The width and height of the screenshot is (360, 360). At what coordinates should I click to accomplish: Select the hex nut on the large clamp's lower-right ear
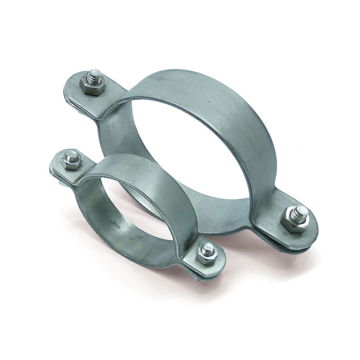295,220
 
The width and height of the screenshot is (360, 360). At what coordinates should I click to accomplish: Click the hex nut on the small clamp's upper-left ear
71,161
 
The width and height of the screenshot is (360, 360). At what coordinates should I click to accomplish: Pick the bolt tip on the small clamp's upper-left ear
72,155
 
